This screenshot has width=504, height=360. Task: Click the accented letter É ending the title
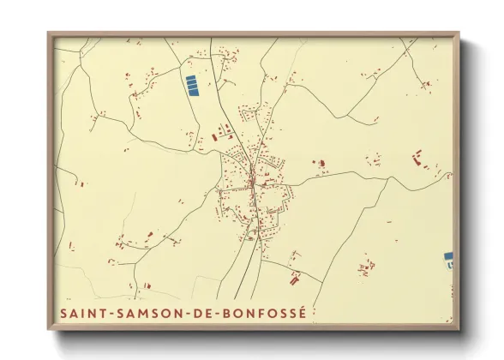299,313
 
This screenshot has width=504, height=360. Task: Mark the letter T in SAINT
105,314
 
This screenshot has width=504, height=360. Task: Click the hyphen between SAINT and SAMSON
112,314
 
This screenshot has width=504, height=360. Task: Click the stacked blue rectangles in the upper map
192,85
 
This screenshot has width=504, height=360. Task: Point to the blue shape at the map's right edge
448,256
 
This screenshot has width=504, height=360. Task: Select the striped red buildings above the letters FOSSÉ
296,277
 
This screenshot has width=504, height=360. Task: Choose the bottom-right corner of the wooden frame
459,330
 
